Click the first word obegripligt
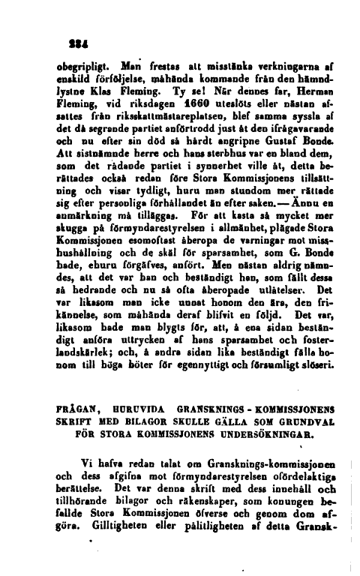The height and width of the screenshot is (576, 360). [82, 61]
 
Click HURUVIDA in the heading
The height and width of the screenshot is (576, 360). [134, 413]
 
